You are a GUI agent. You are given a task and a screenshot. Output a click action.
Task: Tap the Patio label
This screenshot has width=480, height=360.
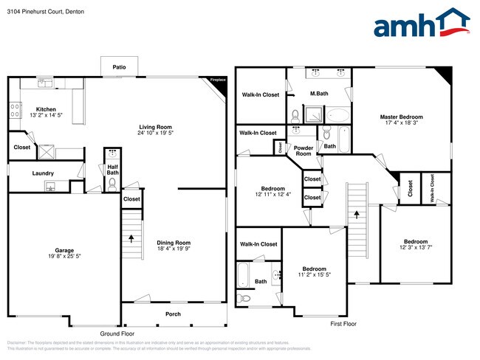pos(119,67)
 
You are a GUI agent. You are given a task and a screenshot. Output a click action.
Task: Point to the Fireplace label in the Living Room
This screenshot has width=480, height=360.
pos(218,79)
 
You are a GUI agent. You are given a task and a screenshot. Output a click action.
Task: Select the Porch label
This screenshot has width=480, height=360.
pos(173,314)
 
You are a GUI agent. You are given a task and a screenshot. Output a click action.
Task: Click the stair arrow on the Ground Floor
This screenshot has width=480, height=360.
pos(132,238)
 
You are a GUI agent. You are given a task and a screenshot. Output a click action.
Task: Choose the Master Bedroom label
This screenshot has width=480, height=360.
pos(402,117)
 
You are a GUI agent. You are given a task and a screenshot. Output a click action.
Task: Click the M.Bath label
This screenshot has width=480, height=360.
pos(319,93)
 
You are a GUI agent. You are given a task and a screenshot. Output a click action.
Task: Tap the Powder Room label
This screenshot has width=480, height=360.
pos(304,150)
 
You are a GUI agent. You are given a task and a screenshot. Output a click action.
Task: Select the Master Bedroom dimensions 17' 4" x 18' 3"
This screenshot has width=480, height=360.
pos(402,124)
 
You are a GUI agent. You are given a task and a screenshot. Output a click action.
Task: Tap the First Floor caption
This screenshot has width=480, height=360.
pos(343,323)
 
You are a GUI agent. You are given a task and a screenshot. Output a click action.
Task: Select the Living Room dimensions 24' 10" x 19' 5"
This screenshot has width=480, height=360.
pos(155,132)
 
